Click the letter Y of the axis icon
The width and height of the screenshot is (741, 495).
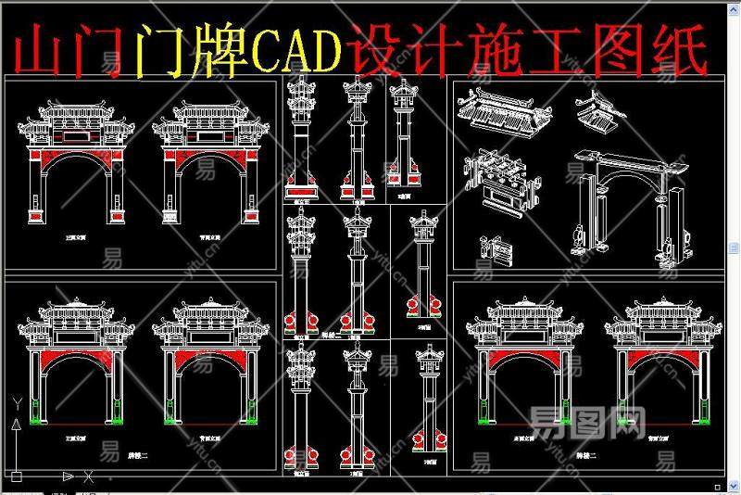[16, 403]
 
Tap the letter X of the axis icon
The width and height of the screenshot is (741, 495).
[88, 477]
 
